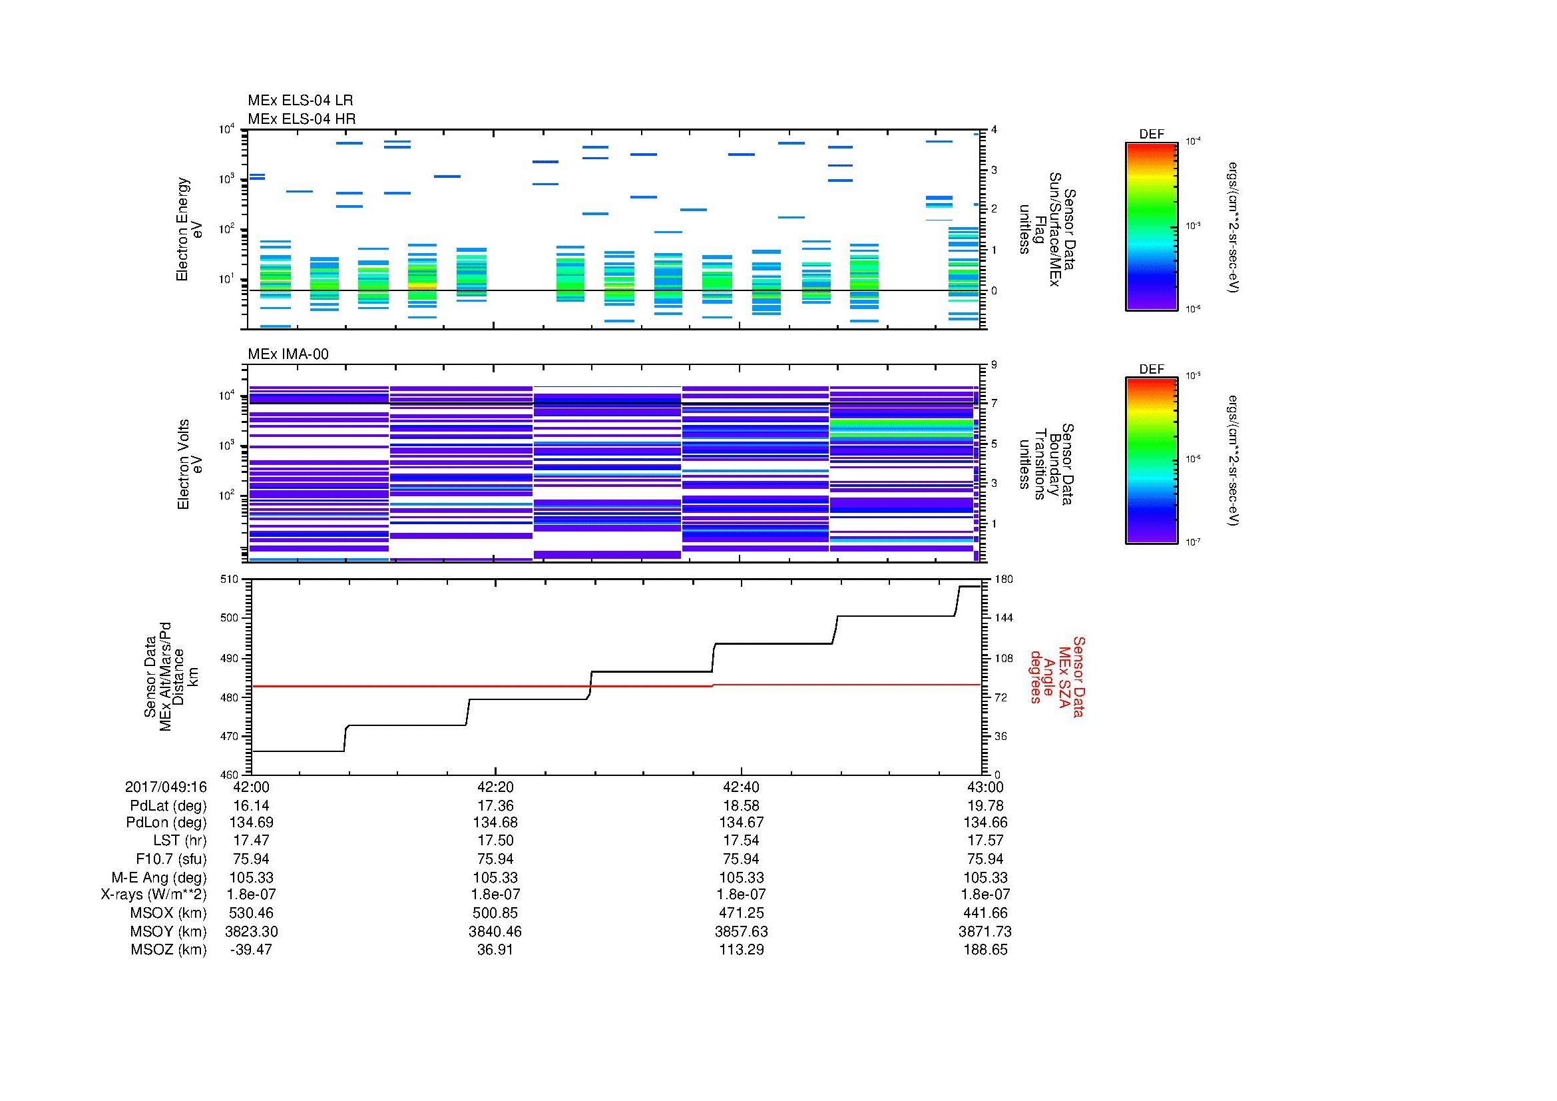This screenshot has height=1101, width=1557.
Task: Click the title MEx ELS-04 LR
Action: coord(300,101)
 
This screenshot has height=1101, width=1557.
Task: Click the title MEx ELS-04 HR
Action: coord(301,119)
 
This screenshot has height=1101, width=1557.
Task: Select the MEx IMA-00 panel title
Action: coord(288,354)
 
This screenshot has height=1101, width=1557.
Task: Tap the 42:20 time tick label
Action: coord(495,787)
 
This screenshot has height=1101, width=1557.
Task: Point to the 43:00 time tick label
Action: coord(985,787)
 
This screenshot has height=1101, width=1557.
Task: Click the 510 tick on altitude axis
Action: coord(230,579)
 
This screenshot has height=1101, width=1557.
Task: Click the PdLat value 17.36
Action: coord(495,806)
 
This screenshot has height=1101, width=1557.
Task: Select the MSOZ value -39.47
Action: coord(251,950)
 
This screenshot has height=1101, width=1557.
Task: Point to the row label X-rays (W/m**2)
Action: coord(153,895)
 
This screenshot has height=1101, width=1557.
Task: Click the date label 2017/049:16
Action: coord(166,787)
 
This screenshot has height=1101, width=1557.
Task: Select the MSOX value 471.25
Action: coord(741,913)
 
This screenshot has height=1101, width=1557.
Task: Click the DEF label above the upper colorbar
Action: coord(1151,135)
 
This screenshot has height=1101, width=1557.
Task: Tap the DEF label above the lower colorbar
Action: coord(1151,369)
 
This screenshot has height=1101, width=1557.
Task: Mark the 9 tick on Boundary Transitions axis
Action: coord(994,365)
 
